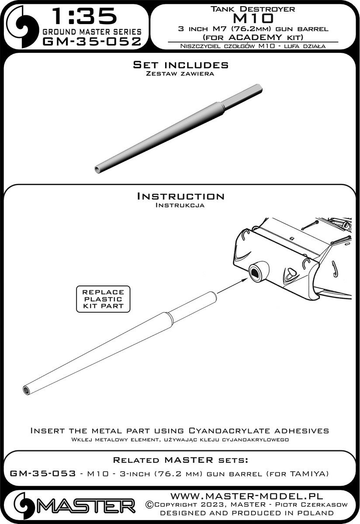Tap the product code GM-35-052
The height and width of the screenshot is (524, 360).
(92, 41)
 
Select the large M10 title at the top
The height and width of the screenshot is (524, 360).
(256, 18)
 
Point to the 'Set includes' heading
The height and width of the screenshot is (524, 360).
(180, 65)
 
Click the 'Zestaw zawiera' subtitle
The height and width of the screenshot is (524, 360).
(180, 74)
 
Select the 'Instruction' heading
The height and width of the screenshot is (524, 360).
(180, 196)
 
